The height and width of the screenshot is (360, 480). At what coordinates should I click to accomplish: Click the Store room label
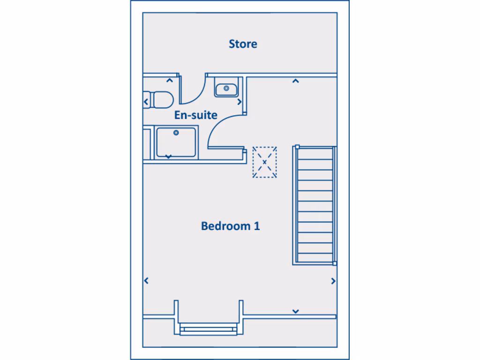[243, 44]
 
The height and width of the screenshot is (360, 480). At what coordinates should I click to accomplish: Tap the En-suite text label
[195, 115]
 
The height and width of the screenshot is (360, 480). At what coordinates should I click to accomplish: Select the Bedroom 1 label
[230, 226]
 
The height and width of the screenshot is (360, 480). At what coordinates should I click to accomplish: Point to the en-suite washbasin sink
[227, 88]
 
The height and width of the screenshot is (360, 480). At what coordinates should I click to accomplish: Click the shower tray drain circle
[176, 133]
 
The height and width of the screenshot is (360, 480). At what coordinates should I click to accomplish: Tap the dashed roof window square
[265, 162]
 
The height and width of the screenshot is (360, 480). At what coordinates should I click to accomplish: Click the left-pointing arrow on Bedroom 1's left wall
[146, 281]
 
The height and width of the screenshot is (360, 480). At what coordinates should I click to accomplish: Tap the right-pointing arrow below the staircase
[333, 281]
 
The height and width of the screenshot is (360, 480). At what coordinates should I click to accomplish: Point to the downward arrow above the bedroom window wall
[296, 311]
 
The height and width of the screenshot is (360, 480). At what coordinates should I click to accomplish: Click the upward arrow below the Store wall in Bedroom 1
[295, 81]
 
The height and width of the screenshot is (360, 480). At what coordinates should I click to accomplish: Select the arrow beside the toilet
[146, 101]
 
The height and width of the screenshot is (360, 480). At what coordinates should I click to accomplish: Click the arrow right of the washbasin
[239, 101]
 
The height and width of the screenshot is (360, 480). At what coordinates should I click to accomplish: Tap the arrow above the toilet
[169, 81]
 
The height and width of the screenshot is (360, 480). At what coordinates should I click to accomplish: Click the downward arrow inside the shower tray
[168, 155]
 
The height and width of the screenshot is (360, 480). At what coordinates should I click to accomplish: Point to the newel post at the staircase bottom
[335, 264]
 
